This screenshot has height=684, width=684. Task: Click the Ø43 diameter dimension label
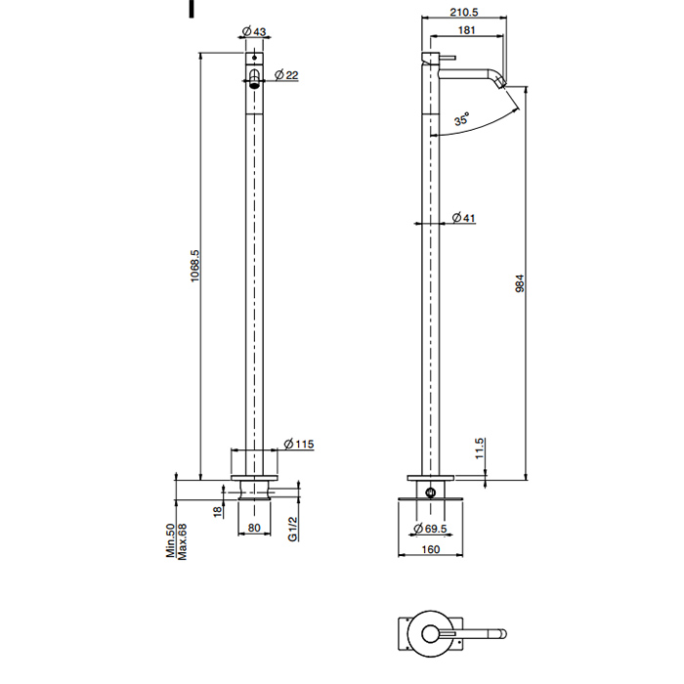tap(254, 31)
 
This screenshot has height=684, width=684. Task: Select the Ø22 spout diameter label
tap(286, 75)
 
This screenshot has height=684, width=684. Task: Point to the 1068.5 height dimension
tap(194, 266)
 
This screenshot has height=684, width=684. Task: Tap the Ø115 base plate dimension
tap(299, 444)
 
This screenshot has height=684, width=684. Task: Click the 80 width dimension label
tap(254, 528)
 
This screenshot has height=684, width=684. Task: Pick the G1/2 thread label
tap(293, 529)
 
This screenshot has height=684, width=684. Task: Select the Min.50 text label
tap(170, 541)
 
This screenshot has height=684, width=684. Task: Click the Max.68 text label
tap(182, 541)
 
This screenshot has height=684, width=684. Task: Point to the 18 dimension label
tap(218, 511)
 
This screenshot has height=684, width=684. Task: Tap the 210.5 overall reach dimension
tap(464, 12)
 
